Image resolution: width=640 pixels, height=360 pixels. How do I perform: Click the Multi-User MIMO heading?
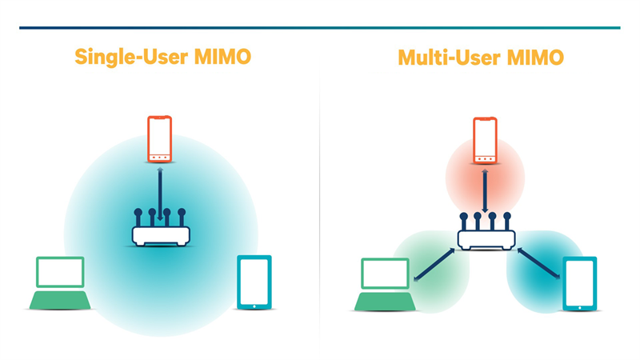coord(481,58)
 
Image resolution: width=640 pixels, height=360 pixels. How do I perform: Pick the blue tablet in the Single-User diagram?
coord(254,282)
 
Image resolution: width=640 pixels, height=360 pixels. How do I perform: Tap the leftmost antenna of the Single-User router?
coord(138,218)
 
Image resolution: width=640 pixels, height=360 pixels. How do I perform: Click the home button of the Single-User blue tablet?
coord(254,304)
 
